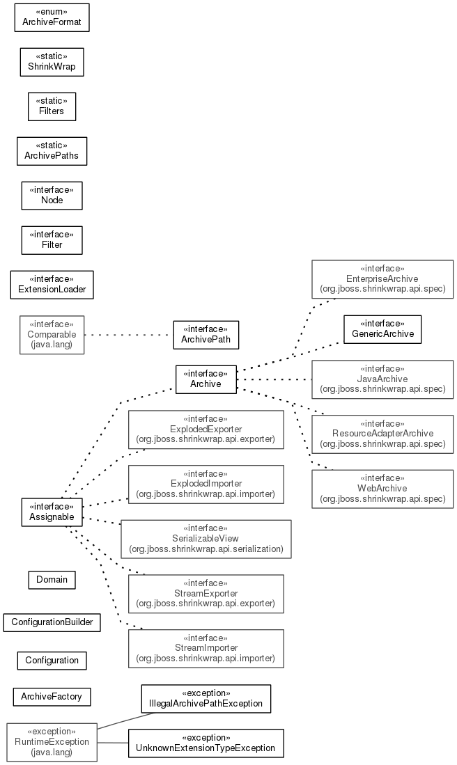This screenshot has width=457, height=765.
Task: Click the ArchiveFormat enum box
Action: tap(52, 17)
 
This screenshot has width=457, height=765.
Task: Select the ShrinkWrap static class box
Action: tap(52, 62)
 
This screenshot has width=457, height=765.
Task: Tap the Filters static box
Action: tap(52, 107)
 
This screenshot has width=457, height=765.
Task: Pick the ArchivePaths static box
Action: tap(52, 151)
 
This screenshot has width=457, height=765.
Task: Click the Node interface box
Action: tap(52, 196)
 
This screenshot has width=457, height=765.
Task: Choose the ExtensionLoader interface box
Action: tap(52, 285)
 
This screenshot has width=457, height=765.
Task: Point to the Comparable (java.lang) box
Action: tap(52, 335)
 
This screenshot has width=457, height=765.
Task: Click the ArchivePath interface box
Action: tap(206, 335)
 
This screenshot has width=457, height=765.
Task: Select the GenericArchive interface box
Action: tap(382, 329)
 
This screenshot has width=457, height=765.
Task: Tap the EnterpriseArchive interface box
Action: tap(382, 279)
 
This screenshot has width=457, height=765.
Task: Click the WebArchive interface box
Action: tap(382, 489)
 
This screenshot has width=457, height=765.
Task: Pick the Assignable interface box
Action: tap(52, 512)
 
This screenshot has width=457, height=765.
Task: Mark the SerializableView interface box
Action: tap(206, 539)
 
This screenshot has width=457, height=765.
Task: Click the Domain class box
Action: tap(52, 580)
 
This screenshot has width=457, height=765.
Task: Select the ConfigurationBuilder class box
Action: tap(52, 622)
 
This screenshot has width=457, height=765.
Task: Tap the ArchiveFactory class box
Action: tap(52, 697)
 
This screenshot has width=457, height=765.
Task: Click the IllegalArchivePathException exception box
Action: tap(206, 699)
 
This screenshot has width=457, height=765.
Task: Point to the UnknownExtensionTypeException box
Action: tap(206, 743)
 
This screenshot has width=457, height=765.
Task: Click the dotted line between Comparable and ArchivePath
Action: tap(129, 335)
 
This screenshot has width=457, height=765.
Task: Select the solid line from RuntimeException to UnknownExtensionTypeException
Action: tap(113, 743)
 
